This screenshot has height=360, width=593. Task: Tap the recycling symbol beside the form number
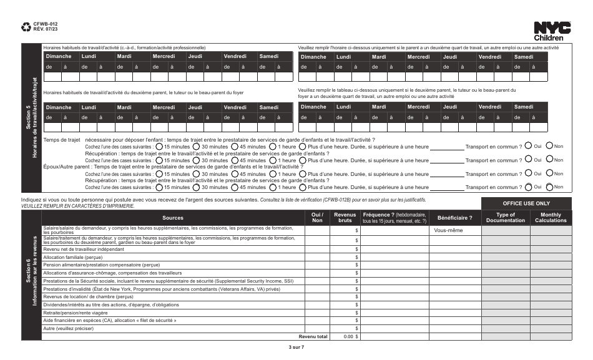(x=26, y=27)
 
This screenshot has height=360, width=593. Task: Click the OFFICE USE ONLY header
(x=526, y=203)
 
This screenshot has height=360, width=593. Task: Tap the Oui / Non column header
(x=317, y=218)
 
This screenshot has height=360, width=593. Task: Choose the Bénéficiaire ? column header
(x=455, y=218)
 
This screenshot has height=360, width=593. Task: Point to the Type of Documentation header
(x=506, y=218)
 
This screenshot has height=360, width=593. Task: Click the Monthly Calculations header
(x=550, y=218)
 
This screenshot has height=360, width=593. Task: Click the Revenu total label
(x=313, y=337)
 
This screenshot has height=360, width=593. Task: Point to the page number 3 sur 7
(x=296, y=348)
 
